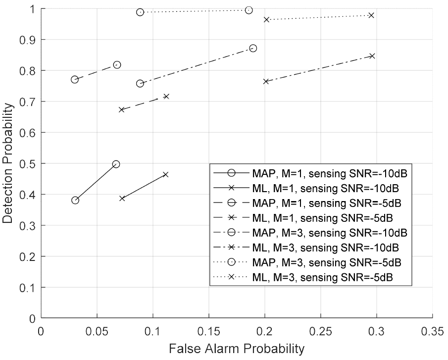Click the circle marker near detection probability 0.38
coord(75,200)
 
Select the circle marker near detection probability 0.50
coord(116,164)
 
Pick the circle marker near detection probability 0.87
coord(253,48)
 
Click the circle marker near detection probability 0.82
coord(117,65)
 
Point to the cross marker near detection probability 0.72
coord(166,96)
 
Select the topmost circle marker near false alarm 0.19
coord(249,10)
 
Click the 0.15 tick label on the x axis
coord(208,329)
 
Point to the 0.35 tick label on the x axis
coord(432,329)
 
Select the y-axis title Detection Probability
coord(8,164)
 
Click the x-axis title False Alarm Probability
coord(237,348)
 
